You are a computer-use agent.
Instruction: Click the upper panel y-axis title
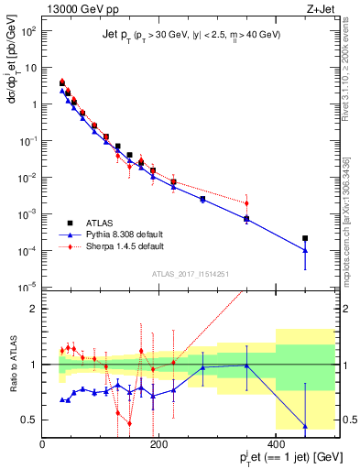point(12,82)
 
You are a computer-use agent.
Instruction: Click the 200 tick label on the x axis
point(159,444)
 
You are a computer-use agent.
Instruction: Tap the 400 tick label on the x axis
point(276,444)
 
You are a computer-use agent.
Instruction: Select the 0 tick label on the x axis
point(43,444)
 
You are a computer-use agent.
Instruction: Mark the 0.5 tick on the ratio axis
point(30,420)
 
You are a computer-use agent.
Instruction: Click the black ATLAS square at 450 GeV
point(305,238)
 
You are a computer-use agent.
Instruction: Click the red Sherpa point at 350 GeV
point(246,203)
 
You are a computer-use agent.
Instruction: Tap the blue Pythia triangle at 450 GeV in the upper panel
point(305,250)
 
